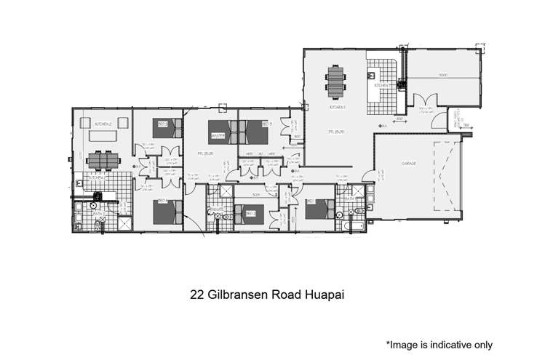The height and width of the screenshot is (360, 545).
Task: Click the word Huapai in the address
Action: [320, 296]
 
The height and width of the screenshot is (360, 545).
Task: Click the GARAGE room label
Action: [407, 164]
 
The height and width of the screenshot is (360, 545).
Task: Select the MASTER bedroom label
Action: [216, 135]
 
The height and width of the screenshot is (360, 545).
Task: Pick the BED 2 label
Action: [250, 213]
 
